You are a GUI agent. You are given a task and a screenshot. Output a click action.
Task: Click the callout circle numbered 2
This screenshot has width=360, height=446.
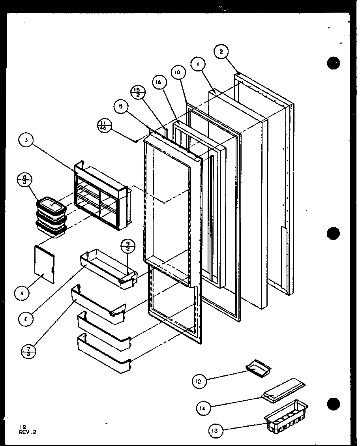(x=221, y=51)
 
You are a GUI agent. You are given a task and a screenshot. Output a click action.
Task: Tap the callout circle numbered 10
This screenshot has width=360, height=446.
(x=178, y=73)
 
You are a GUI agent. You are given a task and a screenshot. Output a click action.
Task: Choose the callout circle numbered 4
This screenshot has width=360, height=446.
(x=22, y=293)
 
